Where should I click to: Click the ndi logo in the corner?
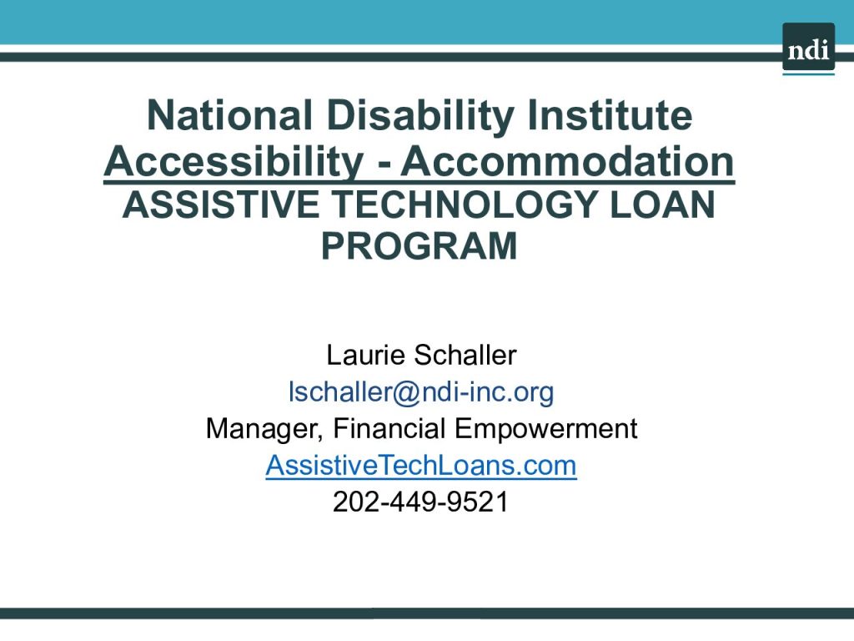click(x=808, y=48)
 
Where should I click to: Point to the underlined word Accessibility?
click(x=234, y=163)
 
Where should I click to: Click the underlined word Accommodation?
click(x=568, y=161)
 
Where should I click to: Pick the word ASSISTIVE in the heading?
click(x=220, y=205)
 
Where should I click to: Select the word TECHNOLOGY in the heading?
click(x=464, y=205)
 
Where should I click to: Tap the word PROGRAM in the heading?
click(x=419, y=246)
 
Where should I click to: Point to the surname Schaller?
click(x=465, y=355)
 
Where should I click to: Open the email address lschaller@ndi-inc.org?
click(x=421, y=392)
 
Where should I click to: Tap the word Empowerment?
click(x=545, y=428)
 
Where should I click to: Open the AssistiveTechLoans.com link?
click(x=421, y=465)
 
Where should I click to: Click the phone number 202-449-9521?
click(x=420, y=502)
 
